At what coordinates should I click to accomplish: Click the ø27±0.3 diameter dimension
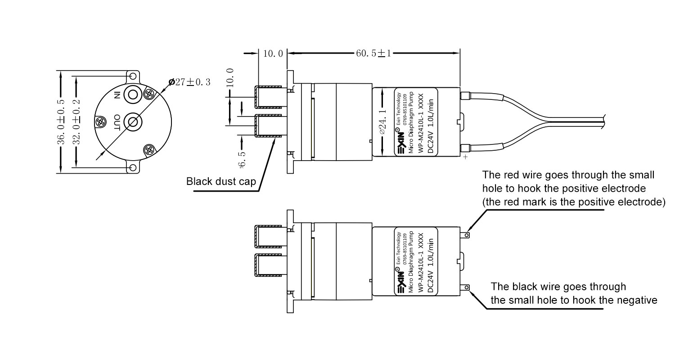coord(189,82)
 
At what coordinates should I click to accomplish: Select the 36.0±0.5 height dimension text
coord(61,121)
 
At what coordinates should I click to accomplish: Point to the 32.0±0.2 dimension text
coord(77,121)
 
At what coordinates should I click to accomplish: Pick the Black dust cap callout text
coord(221,182)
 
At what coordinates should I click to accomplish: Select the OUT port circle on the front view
coord(133,121)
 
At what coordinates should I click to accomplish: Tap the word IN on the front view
coord(117,94)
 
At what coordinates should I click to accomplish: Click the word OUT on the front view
coord(117,122)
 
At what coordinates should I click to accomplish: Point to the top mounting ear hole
coord(133,76)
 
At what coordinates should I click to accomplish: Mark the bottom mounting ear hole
coord(133,168)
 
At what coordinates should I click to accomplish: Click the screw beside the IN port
coord(149,94)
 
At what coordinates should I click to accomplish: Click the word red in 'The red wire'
coord(506,175)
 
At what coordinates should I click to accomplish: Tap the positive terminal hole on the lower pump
coord(468,234)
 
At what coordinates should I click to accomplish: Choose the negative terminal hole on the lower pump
coord(468,287)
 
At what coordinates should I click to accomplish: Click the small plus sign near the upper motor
coord(465,158)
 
